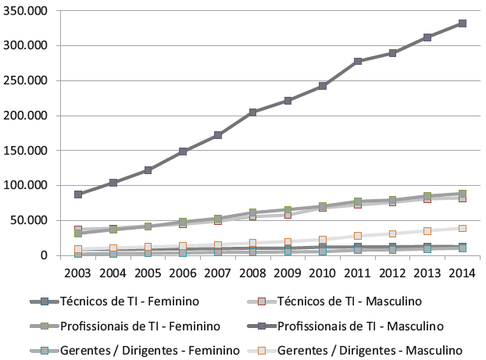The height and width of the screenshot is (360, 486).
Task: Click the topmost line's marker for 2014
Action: pyautogui.click(x=462, y=23)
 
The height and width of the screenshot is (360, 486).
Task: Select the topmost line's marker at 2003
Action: pyautogui.click(x=78, y=194)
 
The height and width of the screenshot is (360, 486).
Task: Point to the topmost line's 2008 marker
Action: pyautogui.click(x=252, y=112)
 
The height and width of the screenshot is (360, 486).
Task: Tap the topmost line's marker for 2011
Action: pyautogui.click(x=357, y=61)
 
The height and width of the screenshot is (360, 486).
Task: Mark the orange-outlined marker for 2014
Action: pyautogui.click(x=462, y=228)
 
